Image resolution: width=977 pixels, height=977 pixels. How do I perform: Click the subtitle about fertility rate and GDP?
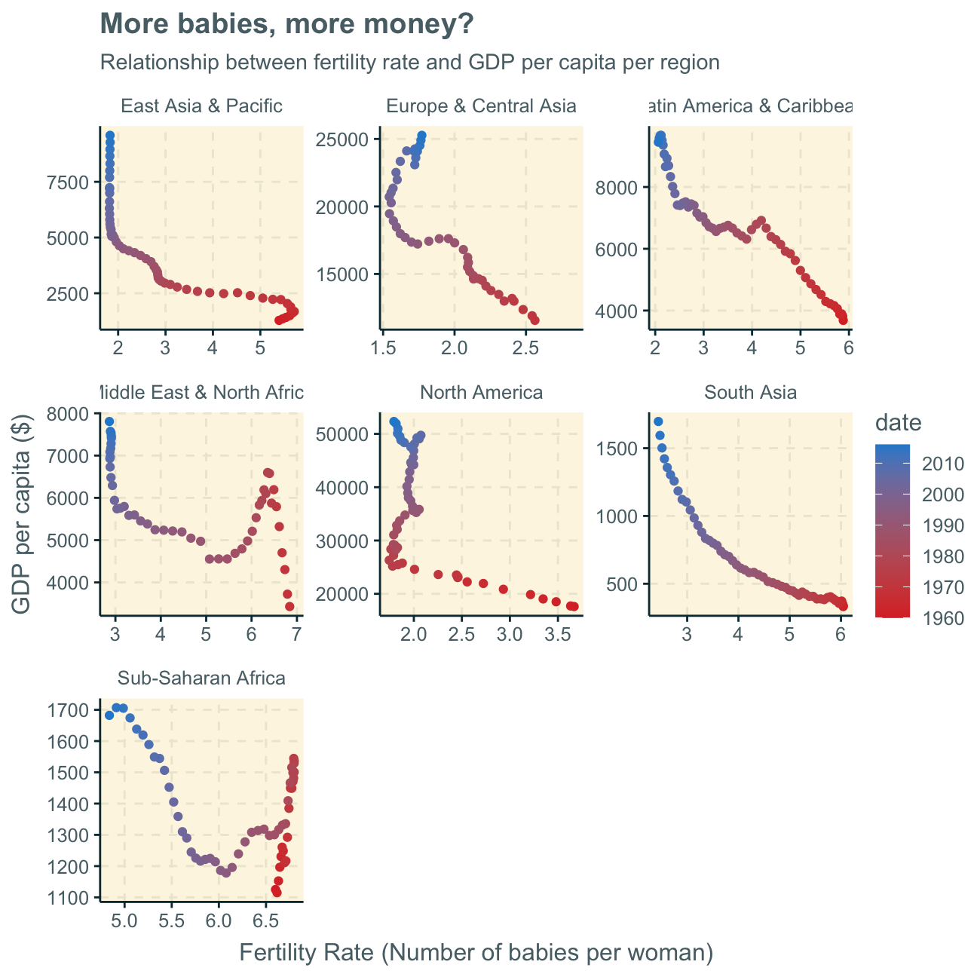pyautogui.click(x=409, y=63)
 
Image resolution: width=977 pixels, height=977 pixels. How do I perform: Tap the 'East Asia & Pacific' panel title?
pyautogui.click(x=202, y=106)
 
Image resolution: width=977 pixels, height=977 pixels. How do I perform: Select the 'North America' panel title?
pyautogui.click(x=481, y=393)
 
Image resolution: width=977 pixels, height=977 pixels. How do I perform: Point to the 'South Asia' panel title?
pyautogui.click(x=751, y=393)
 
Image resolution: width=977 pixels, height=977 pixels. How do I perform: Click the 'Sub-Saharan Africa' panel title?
pyautogui.click(x=201, y=678)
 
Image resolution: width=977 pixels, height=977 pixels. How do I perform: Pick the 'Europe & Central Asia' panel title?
pyautogui.click(x=481, y=106)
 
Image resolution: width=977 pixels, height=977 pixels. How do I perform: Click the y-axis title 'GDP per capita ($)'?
pyautogui.click(x=23, y=513)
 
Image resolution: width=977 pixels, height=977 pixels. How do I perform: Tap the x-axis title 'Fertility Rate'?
pyautogui.click(x=476, y=953)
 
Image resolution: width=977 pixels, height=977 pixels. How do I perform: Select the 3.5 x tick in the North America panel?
pyautogui.click(x=556, y=632)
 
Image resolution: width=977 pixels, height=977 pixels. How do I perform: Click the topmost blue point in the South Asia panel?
pyautogui.click(x=658, y=421)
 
